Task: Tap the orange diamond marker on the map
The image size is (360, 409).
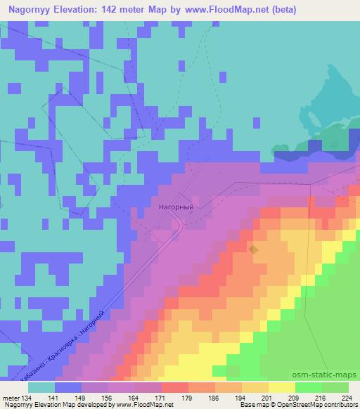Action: tap(254, 249)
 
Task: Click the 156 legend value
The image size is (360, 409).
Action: tap(106, 398)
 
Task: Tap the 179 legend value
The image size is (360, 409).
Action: tap(187, 398)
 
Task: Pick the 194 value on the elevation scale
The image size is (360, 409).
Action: tap(240, 398)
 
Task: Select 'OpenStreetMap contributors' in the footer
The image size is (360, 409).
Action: tap(316, 405)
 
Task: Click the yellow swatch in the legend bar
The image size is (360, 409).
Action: tap(281, 387)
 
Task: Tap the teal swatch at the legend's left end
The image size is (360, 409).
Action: tap(41, 387)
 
